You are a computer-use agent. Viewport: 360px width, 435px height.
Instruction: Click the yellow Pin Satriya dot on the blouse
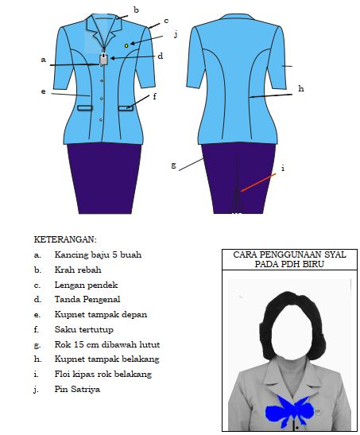pos(126,45)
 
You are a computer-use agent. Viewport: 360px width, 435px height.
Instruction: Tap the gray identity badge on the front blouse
pos(103,59)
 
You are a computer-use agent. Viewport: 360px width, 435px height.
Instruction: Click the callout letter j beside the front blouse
pos(175,34)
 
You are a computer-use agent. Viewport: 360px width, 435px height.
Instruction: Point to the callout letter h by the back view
pos(301,88)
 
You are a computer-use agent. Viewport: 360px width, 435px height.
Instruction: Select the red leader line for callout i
pos(258,183)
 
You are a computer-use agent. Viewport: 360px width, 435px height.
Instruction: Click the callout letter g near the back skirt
pos(173,165)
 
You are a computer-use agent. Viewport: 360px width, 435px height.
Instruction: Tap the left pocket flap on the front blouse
pos(85,108)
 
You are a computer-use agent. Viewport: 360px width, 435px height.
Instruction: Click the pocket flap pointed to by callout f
pos(126,108)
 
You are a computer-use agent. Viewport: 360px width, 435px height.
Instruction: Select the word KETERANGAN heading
pos(65,239)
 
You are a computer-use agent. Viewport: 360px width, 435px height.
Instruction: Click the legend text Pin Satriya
pos(77,389)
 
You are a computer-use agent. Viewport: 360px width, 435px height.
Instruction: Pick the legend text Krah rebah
pos(78,270)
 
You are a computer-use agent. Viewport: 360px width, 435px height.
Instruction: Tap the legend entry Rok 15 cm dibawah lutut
pos(107,344)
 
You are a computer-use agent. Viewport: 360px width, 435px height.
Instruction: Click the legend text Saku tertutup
pos(84,329)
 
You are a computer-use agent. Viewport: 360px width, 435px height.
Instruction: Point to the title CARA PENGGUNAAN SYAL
pos(289,254)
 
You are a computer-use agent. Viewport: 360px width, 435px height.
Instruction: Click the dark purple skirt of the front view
pos(104,179)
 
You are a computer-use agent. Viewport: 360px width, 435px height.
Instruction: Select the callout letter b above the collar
pos(136,10)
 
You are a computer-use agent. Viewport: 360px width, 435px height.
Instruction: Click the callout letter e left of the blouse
pos(43,91)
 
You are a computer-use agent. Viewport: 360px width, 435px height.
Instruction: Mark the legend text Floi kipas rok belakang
pos(103,374)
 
